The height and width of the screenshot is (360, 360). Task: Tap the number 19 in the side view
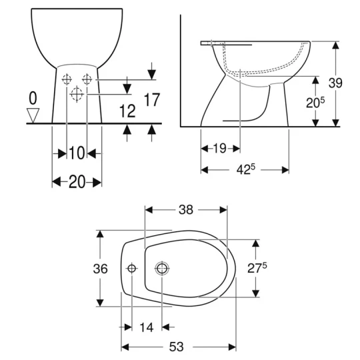pos(220,148)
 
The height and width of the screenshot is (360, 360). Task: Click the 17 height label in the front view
pos(151,101)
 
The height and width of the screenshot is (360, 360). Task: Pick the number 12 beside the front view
pos(125,111)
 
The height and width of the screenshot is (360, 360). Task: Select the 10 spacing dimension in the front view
pos(77,153)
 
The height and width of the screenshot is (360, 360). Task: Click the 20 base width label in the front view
pos(77,181)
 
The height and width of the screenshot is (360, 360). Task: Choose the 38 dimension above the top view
pos(185,210)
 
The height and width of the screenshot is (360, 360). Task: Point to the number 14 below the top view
pos(147,327)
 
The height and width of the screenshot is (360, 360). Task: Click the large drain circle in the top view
pos(162,269)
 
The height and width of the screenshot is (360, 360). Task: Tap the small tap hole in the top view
pos(131,269)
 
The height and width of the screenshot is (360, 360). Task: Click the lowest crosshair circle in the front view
pos(77,95)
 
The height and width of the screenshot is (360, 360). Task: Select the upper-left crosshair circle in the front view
pos(67,80)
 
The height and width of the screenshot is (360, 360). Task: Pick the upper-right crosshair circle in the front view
pos(87,80)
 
